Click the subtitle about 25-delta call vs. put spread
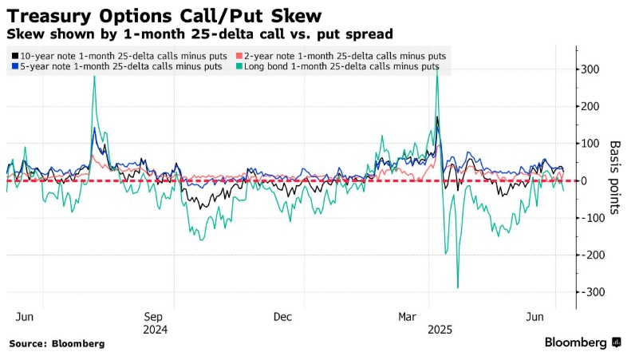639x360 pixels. coord(199,34)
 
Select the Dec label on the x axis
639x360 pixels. coord(283,316)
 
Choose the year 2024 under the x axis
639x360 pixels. coord(155,328)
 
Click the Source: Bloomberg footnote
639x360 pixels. coord(57,343)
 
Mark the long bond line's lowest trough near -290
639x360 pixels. coord(458,287)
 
